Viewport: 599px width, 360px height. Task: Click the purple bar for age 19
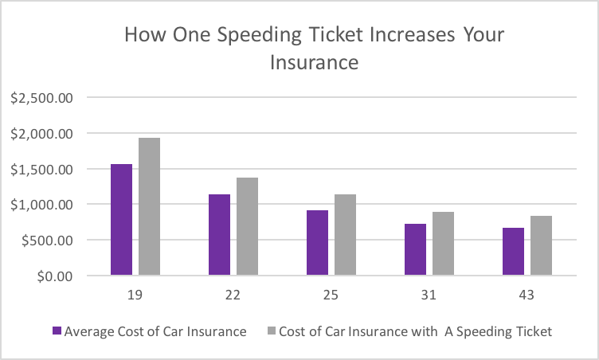pos(121,220)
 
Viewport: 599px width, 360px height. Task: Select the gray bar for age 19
pos(149,207)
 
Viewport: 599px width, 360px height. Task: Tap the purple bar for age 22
pos(219,235)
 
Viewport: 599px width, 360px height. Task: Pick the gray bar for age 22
pos(247,227)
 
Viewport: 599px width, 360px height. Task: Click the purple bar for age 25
pos(317,243)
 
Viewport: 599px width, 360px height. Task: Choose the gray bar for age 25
pos(345,235)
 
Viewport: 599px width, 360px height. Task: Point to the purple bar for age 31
pos(415,250)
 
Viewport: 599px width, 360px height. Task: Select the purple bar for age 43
pos(513,252)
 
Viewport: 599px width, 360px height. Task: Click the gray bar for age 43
pos(541,246)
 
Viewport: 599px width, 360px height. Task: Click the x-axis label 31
pos(429,295)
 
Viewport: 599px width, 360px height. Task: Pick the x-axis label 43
pos(527,295)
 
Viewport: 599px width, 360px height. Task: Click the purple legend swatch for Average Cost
pos(56,331)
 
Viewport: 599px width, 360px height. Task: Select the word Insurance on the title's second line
pos(314,61)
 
